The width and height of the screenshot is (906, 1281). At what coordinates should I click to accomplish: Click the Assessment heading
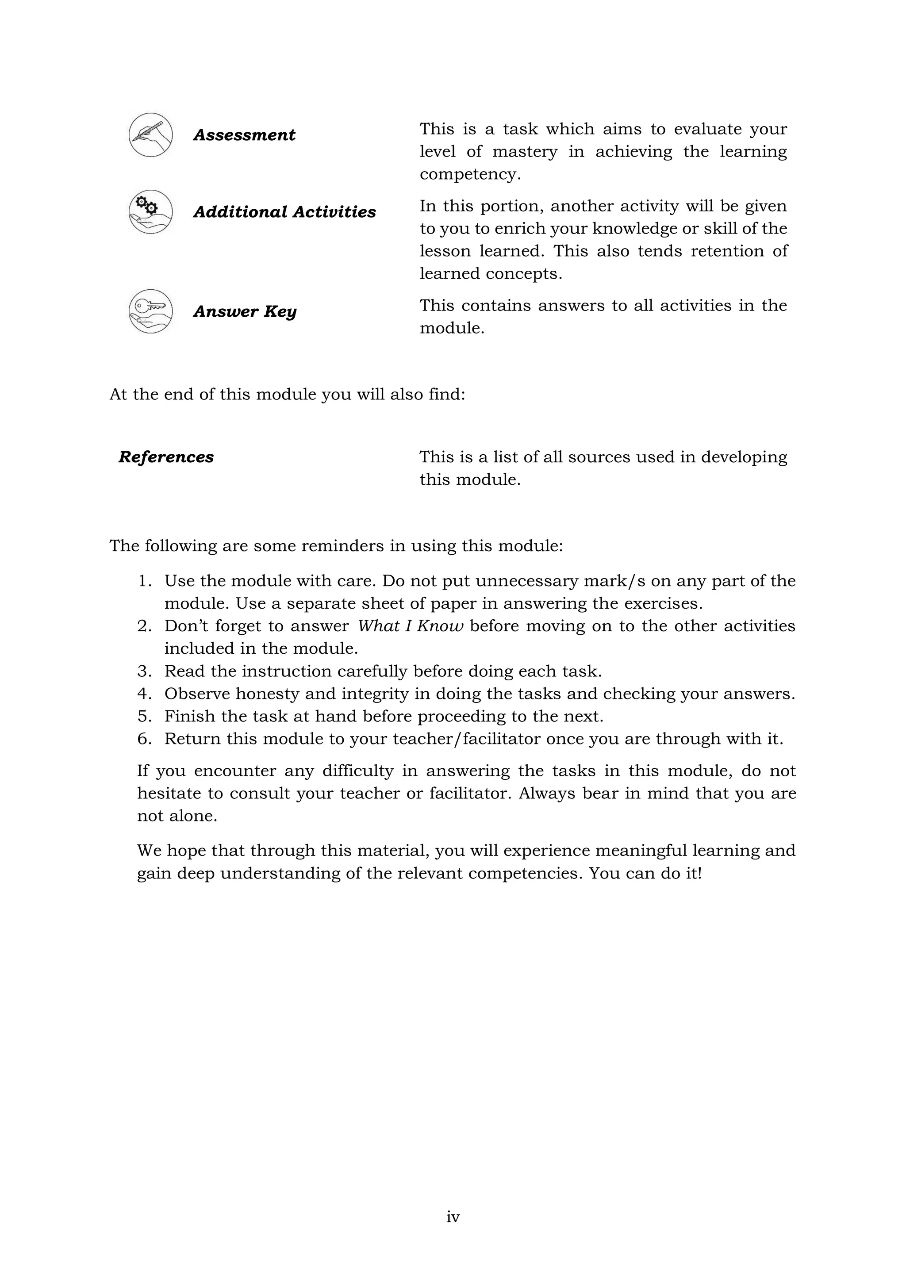(244, 135)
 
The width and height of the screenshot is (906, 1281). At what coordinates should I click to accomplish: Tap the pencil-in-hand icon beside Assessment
(150, 134)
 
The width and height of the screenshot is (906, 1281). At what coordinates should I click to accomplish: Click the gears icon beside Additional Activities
(150, 211)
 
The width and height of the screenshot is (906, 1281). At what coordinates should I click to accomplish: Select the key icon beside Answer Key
(150, 311)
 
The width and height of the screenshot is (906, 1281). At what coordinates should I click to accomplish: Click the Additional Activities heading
(284, 212)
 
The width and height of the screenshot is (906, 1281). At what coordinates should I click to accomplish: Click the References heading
(166, 457)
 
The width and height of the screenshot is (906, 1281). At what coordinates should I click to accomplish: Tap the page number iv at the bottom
(453, 1217)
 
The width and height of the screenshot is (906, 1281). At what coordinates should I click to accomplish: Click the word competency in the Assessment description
(469, 175)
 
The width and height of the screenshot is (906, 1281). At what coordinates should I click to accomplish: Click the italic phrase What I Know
(410, 626)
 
